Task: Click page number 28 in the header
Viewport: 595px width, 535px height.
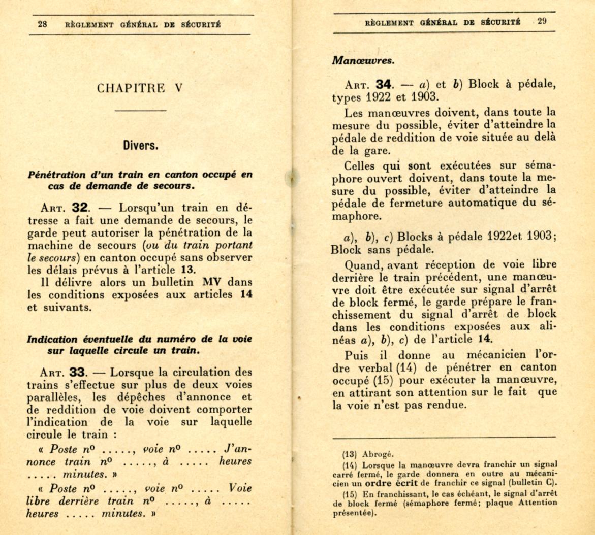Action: coord(43,24)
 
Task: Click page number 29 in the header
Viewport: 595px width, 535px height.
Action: coord(542,21)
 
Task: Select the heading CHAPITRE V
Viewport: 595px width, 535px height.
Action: coord(140,88)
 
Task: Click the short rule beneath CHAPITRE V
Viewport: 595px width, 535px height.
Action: coord(140,110)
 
